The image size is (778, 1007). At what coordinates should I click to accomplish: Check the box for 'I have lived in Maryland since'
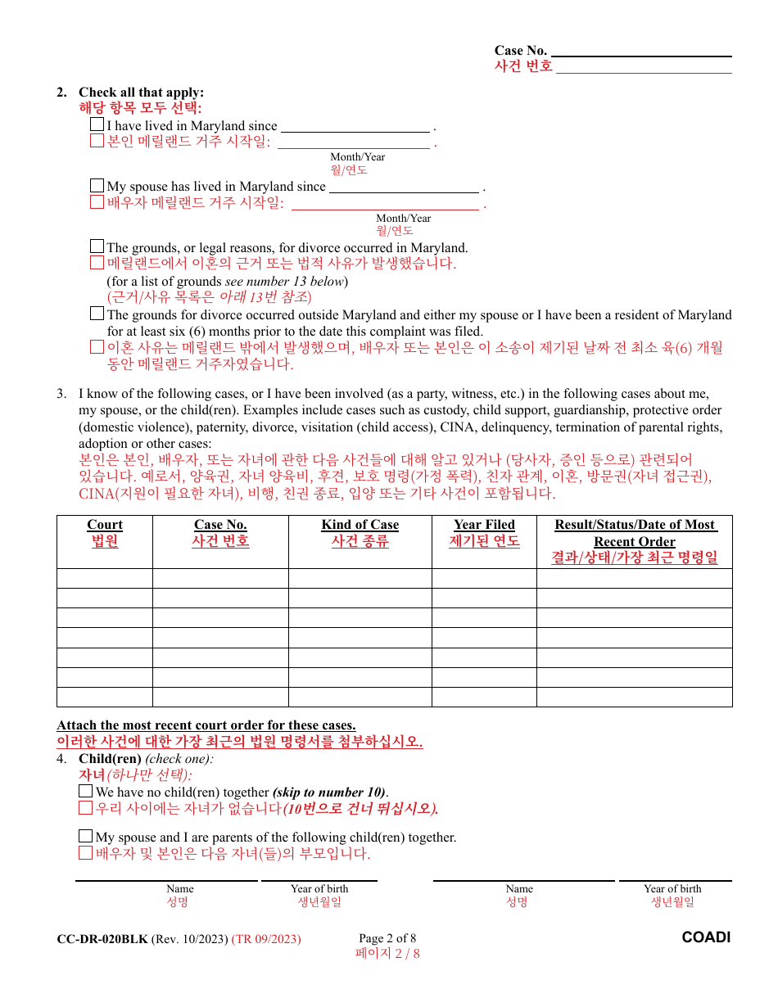tap(97, 125)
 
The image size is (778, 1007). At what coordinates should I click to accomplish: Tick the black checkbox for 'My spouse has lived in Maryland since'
tap(97, 186)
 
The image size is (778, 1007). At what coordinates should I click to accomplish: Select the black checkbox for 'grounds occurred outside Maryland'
tap(97, 314)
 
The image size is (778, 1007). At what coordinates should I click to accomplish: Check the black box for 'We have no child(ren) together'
tap(85, 792)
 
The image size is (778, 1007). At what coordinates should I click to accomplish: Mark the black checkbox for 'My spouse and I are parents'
tap(85, 837)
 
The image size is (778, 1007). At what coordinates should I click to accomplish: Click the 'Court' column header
tap(105, 525)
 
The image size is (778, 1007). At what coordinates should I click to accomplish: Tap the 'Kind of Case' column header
tap(360, 525)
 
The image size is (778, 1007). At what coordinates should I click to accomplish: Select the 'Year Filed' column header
tap(484, 525)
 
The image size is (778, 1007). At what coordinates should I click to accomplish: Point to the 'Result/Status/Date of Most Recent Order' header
tap(635, 533)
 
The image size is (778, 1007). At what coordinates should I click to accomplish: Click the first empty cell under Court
tap(105, 579)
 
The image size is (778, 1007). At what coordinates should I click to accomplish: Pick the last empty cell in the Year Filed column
tap(484, 697)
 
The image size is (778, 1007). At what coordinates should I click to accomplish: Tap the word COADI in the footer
tap(706, 937)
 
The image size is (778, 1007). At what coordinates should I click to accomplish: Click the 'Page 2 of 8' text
tap(387, 938)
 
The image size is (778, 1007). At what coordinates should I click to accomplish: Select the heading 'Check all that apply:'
tap(141, 93)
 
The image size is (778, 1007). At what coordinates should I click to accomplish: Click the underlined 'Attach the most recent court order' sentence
tap(206, 725)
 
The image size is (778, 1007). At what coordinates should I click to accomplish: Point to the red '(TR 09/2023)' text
tap(266, 939)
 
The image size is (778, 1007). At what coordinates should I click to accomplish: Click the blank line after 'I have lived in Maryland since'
tap(355, 126)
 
